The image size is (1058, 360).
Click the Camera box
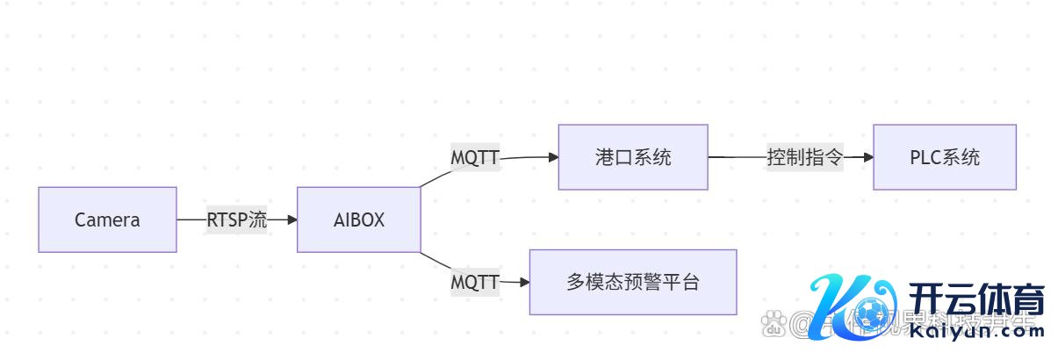coord(107,220)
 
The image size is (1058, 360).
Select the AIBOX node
coord(358,220)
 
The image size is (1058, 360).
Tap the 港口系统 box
coord(632,157)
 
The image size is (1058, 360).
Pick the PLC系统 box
coord(944,157)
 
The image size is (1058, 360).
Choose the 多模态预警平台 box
coord(632,282)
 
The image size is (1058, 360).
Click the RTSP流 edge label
coord(236,220)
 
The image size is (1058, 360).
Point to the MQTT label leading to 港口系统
coord(475,158)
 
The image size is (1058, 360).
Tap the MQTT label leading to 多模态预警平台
coord(475,282)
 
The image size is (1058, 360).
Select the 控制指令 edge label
coord(804,157)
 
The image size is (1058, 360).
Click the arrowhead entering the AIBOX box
coord(291,220)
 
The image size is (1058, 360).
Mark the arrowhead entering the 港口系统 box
coord(553,157)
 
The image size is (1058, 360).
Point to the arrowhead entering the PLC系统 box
coord(867,157)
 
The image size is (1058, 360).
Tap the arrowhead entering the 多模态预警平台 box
coord(524,282)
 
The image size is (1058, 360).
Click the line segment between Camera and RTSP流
coord(191,220)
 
